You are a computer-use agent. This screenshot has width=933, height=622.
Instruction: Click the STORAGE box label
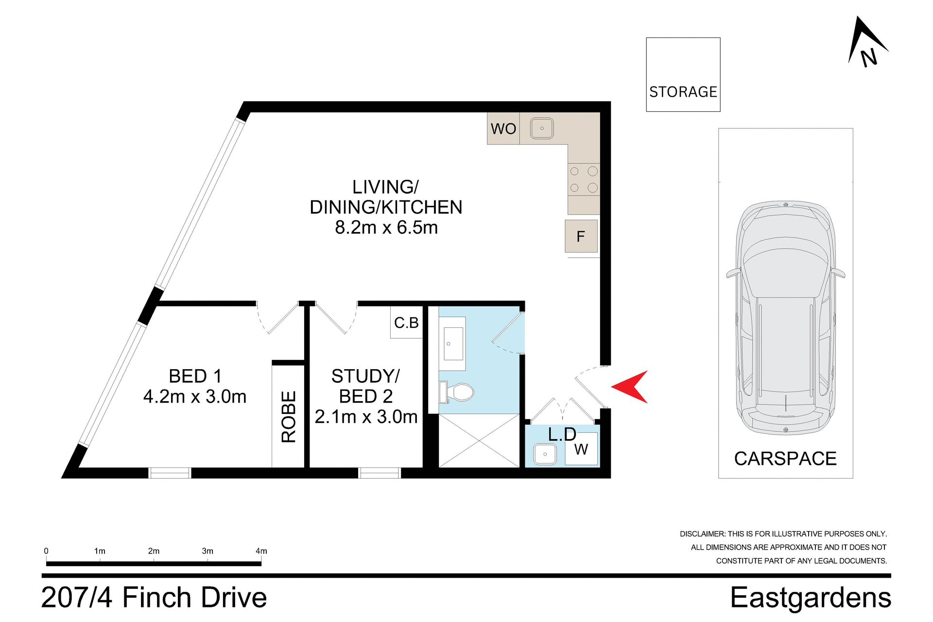[683, 92]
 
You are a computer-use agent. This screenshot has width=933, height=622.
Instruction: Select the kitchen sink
[541, 129]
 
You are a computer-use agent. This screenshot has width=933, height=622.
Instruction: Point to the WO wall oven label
[503, 129]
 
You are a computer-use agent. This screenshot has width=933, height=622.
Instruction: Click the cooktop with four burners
[584, 179]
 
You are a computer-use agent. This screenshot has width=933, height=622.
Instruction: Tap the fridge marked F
[581, 236]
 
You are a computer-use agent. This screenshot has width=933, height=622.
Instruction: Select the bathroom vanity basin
[453, 343]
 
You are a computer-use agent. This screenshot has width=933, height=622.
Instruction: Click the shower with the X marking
[479, 441]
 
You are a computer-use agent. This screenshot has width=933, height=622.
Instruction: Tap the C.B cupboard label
[406, 323]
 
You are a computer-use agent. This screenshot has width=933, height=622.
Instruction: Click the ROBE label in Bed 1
[289, 417]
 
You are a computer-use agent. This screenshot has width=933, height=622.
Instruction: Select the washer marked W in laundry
[581, 449]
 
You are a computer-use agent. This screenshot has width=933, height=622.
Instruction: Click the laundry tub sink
[545, 454]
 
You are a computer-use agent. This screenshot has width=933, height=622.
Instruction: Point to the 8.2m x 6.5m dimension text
[386, 228]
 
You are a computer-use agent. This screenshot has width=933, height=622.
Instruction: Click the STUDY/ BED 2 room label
[365, 386]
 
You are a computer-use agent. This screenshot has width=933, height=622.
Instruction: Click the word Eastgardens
[810, 598]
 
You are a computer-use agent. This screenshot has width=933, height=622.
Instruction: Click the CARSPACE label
[785, 459]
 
